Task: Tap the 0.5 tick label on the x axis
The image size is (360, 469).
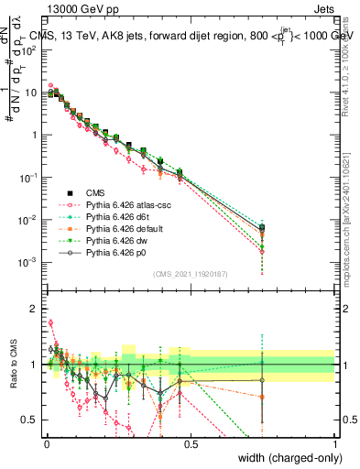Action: (191, 444)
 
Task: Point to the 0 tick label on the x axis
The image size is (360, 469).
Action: (46, 444)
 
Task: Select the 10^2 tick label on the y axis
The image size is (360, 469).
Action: (29, 49)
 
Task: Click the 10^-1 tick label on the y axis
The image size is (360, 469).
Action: (29, 177)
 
